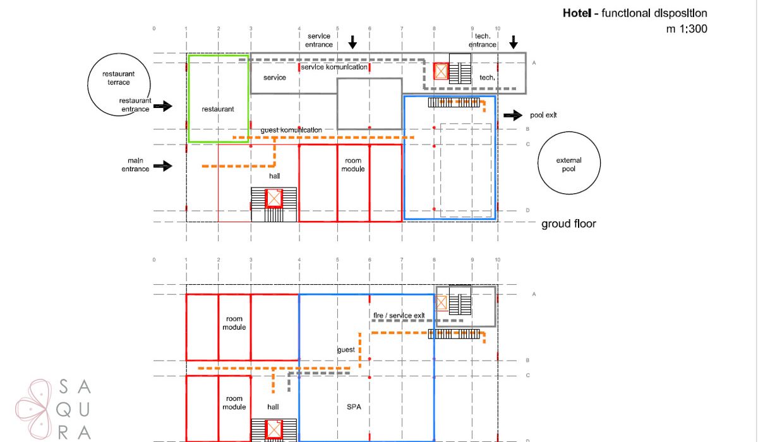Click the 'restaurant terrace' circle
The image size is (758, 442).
click(x=88, y=85)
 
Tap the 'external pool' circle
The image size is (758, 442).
click(x=538, y=163)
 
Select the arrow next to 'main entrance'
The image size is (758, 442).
click(x=163, y=166)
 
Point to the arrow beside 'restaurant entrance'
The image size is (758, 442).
click(x=163, y=106)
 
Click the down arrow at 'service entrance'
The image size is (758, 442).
click(x=352, y=42)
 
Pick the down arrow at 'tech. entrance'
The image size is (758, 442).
click(x=514, y=42)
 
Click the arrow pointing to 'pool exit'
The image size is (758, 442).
click(x=513, y=116)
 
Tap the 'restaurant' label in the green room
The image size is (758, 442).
click(x=217, y=109)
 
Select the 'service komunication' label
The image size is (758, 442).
click(x=334, y=67)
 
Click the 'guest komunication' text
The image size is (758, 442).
click(x=291, y=130)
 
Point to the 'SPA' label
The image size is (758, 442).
click(x=354, y=407)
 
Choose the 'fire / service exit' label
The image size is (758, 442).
click(x=399, y=316)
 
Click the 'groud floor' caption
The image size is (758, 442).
click(x=568, y=224)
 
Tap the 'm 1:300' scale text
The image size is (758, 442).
click(x=687, y=29)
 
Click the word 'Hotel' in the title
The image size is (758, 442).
click(x=577, y=13)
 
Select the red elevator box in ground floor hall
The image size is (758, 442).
click(x=274, y=198)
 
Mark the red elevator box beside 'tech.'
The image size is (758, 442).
click(x=441, y=71)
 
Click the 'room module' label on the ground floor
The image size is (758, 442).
click(x=353, y=165)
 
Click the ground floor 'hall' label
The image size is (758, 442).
click(x=274, y=176)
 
